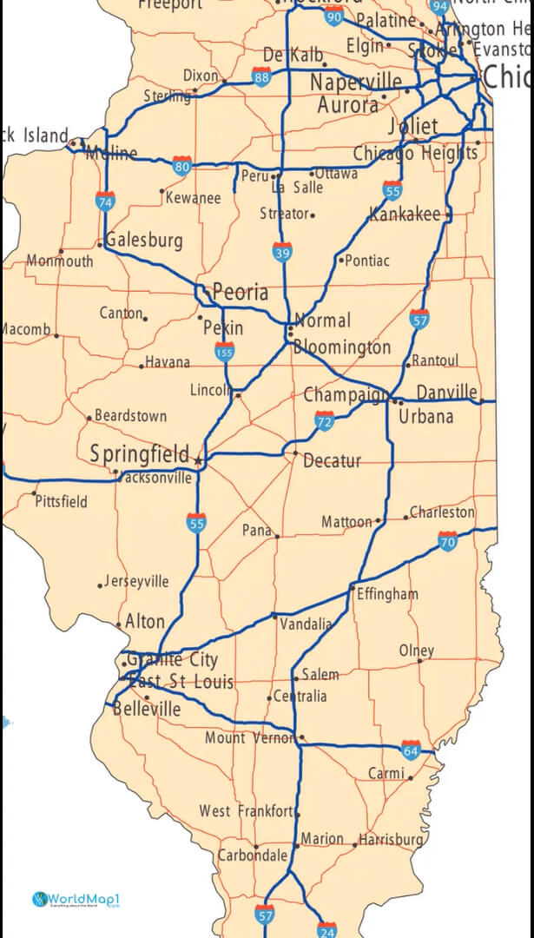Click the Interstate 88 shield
(x=261, y=76)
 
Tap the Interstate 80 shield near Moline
(x=181, y=166)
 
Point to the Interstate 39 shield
(x=281, y=253)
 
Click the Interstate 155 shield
(x=224, y=352)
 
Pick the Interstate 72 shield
(x=325, y=422)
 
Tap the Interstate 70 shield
(x=447, y=542)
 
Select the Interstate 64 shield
(x=411, y=750)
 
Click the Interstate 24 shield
(x=326, y=928)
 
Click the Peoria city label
(x=241, y=293)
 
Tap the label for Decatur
(x=332, y=461)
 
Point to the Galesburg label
(x=144, y=240)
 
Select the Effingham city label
(x=387, y=594)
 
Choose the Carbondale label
(x=252, y=855)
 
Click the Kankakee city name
(x=405, y=214)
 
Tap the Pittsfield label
(x=61, y=501)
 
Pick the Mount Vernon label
(x=250, y=738)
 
